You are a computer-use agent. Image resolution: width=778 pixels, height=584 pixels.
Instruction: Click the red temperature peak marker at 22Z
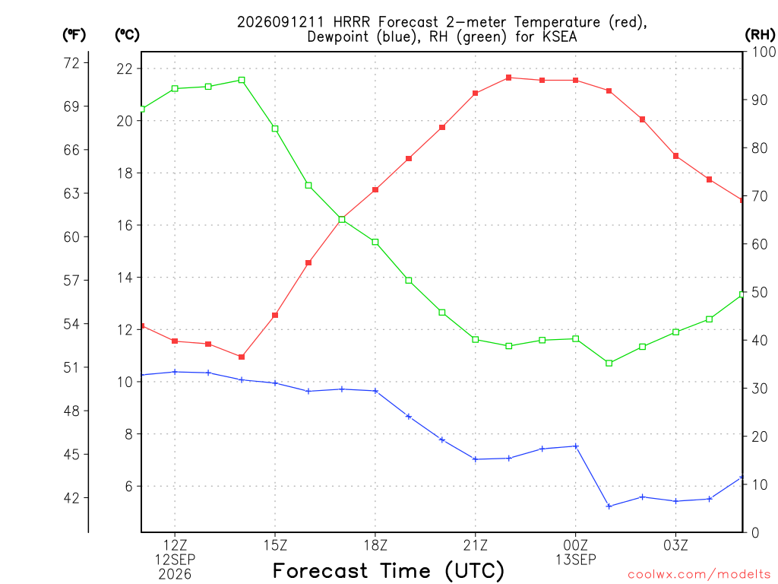[508, 78]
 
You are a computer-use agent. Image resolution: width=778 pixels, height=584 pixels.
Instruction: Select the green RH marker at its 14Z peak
[242, 80]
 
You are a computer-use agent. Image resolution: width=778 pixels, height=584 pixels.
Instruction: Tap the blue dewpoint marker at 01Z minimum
[609, 506]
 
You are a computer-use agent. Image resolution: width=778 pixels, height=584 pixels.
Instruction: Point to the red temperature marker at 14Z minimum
[242, 357]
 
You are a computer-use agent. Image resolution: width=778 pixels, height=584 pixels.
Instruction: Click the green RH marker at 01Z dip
[609, 363]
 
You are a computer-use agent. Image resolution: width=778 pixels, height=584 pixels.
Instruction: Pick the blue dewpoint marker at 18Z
[375, 391]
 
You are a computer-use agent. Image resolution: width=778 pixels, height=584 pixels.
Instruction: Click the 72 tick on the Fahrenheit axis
[71, 63]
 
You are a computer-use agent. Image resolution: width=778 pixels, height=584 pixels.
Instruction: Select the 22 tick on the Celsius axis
[125, 68]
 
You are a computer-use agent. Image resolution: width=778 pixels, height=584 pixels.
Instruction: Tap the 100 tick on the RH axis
[764, 52]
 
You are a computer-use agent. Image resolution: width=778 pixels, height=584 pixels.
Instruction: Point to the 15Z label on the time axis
[275, 545]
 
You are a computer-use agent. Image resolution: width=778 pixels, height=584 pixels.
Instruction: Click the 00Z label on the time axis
[576, 545]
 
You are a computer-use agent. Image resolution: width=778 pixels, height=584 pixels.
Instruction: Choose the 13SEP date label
[576, 560]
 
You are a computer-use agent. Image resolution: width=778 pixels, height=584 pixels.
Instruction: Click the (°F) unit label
[74, 35]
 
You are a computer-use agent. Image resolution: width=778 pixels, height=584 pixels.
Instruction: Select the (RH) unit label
[760, 35]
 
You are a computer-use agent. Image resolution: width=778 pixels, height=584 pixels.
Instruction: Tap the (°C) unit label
[127, 35]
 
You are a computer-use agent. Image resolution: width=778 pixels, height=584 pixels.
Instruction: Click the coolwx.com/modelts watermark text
[699, 574]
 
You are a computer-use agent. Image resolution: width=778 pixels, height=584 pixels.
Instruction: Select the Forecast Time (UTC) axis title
[388, 570]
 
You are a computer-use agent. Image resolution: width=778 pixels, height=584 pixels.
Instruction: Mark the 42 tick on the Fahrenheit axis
[71, 497]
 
